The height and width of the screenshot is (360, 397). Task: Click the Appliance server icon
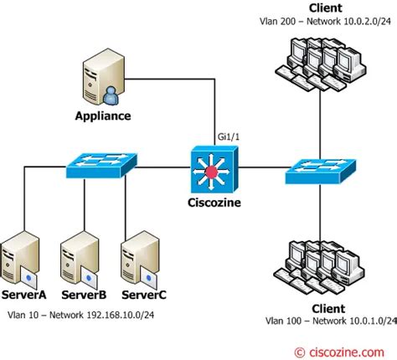(104, 77)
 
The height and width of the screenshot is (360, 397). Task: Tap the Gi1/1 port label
(229, 136)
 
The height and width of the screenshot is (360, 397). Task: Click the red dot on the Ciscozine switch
(211, 172)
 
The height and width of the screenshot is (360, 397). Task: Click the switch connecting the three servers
(101, 165)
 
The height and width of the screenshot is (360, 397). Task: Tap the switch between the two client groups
(321, 171)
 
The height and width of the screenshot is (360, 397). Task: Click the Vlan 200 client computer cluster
(321, 64)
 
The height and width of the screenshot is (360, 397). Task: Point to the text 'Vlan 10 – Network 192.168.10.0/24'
(81, 315)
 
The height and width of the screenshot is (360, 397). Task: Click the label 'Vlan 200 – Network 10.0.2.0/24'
(325, 22)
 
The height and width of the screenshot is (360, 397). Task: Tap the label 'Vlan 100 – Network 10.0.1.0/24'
(331, 321)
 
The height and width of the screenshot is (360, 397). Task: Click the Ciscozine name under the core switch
(214, 203)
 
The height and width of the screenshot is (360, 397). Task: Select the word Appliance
(103, 116)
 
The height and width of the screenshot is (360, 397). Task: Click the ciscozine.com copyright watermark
(339, 352)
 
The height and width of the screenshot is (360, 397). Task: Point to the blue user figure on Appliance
(111, 96)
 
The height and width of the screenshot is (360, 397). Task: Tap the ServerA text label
(23, 295)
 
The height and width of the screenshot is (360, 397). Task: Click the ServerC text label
(144, 295)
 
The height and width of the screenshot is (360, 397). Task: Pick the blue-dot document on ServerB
(89, 277)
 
